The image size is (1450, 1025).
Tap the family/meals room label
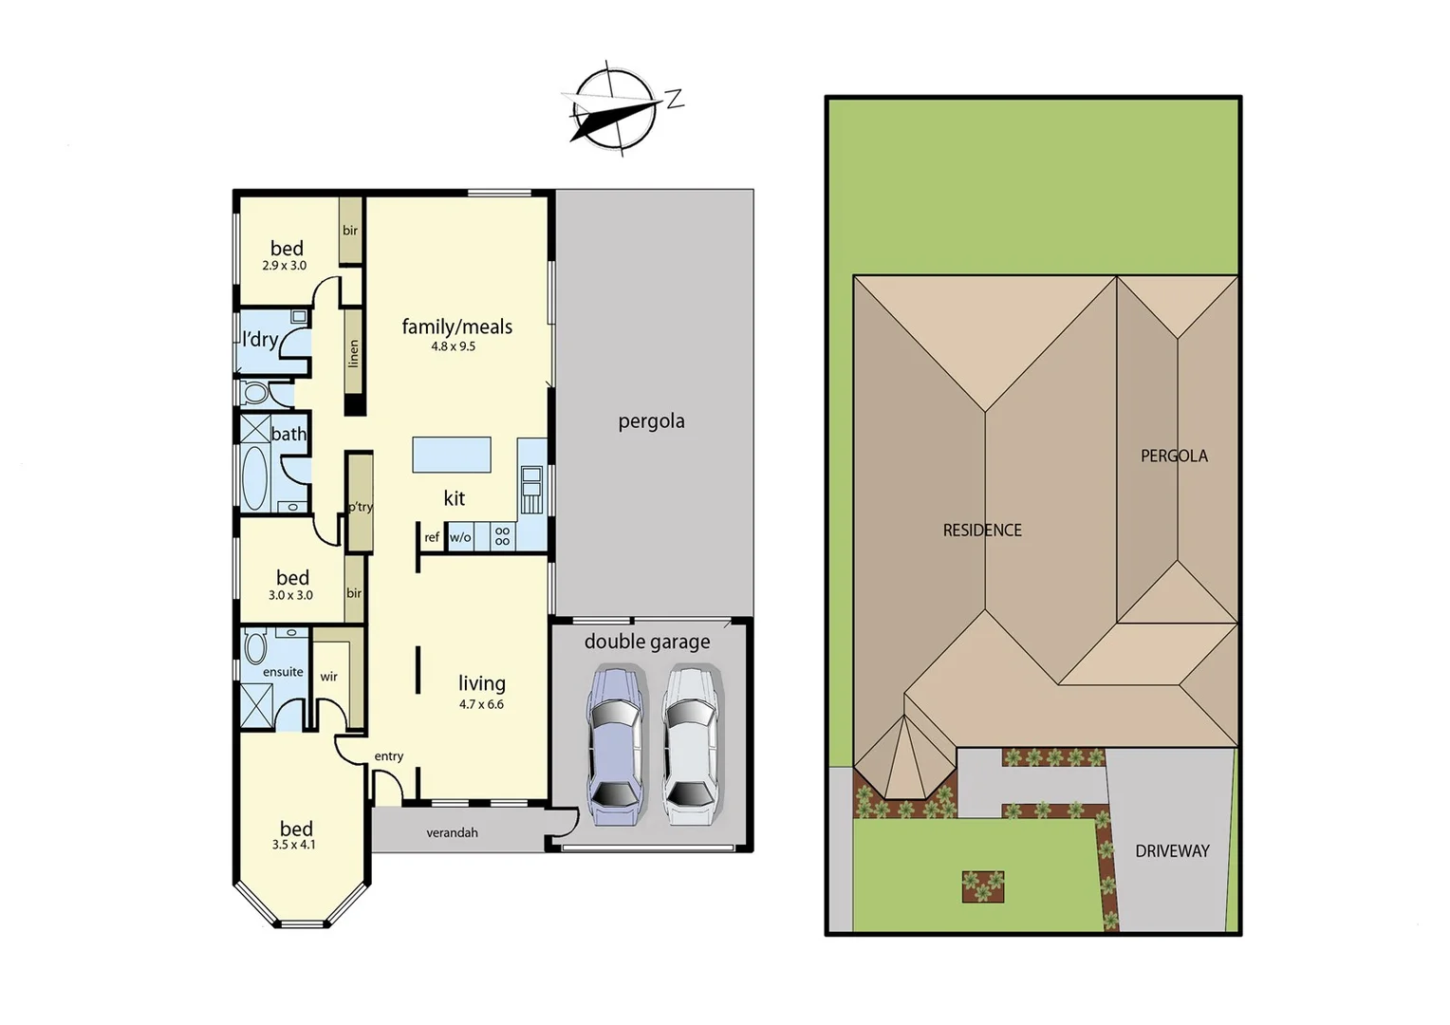click(x=456, y=326)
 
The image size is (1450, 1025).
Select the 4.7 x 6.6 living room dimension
click(x=481, y=704)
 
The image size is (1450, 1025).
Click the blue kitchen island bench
click(x=452, y=455)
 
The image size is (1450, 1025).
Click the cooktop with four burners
click(x=502, y=536)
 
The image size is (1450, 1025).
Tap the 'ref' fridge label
click(x=432, y=537)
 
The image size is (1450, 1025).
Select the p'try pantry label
click(x=360, y=507)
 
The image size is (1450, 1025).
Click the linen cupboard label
click(x=354, y=353)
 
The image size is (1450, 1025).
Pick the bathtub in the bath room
click(x=254, y=477)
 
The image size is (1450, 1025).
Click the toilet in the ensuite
click(x=255, y=646)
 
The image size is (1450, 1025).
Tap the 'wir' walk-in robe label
click(x=328, y=677)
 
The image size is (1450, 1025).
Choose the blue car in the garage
click(x=614, y=746)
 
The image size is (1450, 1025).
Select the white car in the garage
click(x=689, y=746)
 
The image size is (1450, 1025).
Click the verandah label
click(x=452, y=832)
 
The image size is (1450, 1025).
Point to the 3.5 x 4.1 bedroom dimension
click(x=293, y=845)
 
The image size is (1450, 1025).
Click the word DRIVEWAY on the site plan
click(x=1172, y=851)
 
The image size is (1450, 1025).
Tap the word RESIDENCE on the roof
click(x=982, y=531)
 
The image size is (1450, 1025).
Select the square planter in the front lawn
click(x=982, y=886)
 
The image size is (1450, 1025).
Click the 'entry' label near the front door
click(x=388, y=756)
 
